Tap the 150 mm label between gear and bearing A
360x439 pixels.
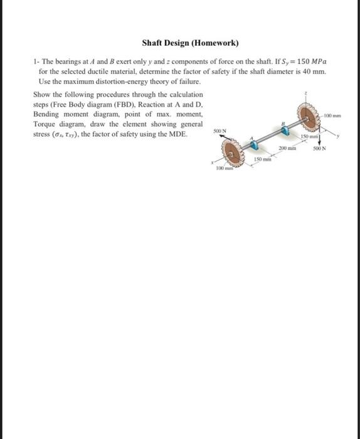(262, 161)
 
